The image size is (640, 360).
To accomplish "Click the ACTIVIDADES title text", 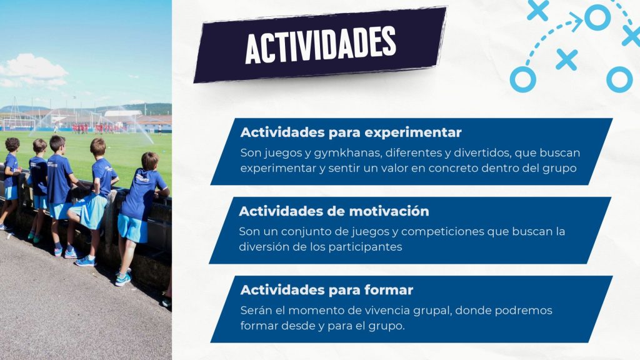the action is click(x=321, y=45).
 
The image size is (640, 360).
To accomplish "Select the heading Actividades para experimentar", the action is click(x=351, y=132).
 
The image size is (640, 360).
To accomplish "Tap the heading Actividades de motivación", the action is click(x=334, y=211).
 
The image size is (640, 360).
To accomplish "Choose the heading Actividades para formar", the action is click(x=326, y=290).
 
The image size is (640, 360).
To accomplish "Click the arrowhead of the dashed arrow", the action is click(x=576, y=21).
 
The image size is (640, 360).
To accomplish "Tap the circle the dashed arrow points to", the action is click(x=597, y=17).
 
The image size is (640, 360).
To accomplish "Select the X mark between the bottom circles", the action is click(x=566, y=59).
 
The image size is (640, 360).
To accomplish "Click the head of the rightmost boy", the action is click(x=149, y=161).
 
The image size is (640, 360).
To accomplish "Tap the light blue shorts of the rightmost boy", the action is click(x=132, y=227).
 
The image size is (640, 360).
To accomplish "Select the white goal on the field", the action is click(x=19, y=124).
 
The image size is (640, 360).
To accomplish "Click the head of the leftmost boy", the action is click(x=12, y=144).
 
